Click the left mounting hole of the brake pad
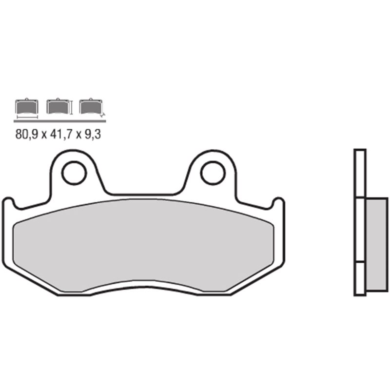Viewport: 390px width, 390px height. [x=74, y=173]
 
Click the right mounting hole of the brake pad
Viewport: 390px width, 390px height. [x=213, y=173]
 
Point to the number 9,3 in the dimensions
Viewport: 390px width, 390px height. [x=93, y=135]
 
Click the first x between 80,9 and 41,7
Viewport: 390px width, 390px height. [x=44, y=135]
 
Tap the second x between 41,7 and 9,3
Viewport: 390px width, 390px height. [x=80, y=135]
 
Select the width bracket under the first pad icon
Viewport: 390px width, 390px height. [x=27, y=117]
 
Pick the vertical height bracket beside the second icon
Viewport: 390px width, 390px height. [x=72, y=107]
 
